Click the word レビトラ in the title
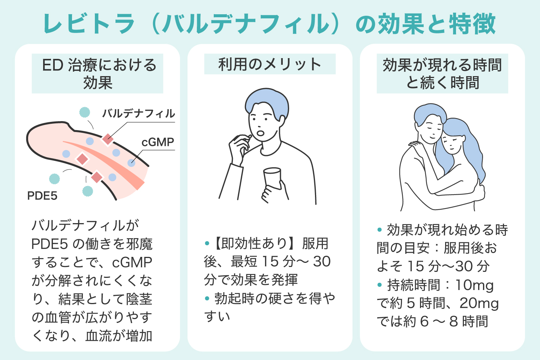pos(89,24)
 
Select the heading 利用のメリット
pos(270,64)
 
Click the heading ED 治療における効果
pos(98,73)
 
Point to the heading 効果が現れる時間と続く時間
pos(442,73)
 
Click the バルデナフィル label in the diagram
pos(138,113)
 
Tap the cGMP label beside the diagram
pos(158,142)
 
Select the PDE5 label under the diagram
pos(42,195)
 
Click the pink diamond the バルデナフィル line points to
pos(108,139)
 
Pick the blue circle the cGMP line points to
pos(131,162)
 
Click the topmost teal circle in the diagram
pos(85,112)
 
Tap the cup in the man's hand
pos(273,178)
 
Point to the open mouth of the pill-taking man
pos(261,133)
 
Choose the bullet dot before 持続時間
pos(380,285)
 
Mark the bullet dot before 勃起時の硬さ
pos(207,299)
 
